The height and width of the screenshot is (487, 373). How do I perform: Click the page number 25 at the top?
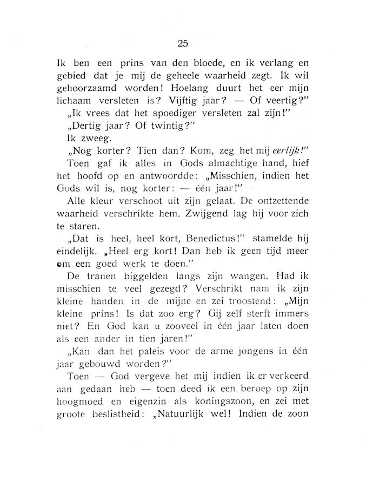(x=182, y=44)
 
